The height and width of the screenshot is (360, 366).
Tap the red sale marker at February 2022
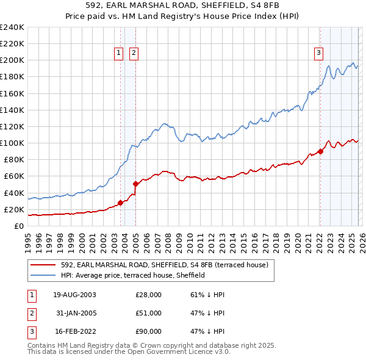coord(320,151)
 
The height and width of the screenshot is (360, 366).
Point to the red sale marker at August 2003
coord(120,203)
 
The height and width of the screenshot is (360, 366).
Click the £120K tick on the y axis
coord(12,126)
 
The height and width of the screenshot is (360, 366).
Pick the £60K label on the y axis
coord(14,176)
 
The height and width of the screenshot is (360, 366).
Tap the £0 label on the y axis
coord(18,226)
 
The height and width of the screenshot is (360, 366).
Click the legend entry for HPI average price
coord(132,275)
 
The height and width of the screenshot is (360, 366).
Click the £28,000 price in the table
coord(148,294)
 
